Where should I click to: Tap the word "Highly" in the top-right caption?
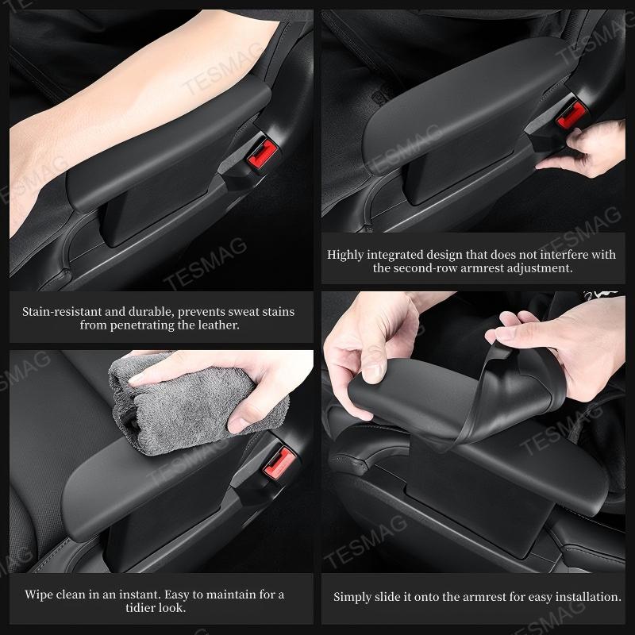pyautogui.click(x=347, y=255)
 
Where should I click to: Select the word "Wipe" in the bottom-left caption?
pyautogui.click(x=40, y=594)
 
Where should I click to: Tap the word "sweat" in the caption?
pyautogui.click(x=227, y=312)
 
